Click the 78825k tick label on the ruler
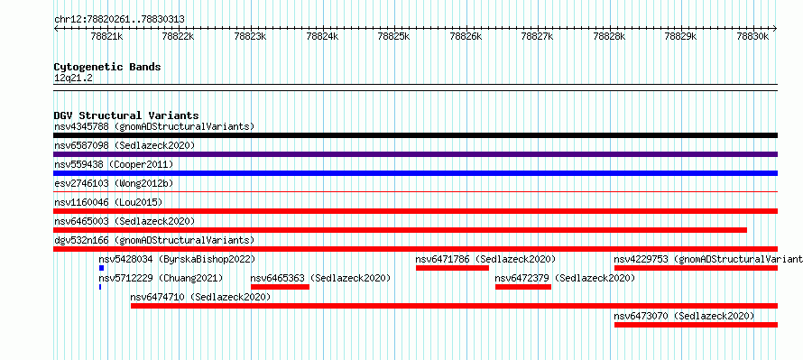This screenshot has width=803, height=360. coord(394,37)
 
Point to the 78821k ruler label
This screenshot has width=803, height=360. coord(107,37)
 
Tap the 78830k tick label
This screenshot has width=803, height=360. coord(752,37)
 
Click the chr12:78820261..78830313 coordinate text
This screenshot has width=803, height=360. coord(119,20)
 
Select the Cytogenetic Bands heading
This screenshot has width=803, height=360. coord(107,67)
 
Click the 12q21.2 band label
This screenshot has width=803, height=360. coord(73,78)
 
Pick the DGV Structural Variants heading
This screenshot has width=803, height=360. coord(126,115)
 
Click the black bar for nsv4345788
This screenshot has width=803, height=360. coord(415,135)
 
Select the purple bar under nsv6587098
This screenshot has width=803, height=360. coord(415,154)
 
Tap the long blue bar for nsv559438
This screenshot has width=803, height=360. coord(415,173)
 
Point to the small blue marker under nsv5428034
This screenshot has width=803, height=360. coord(101,268)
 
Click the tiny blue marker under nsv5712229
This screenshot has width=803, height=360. coord(100,287)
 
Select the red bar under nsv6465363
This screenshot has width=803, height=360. coord(280,287)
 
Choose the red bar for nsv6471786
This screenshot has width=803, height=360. coord(452,268)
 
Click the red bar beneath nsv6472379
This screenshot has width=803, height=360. coord(523,287)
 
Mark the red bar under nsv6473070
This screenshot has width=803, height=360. coord(696,325)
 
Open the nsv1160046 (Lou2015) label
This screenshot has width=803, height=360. coord(108,202)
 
